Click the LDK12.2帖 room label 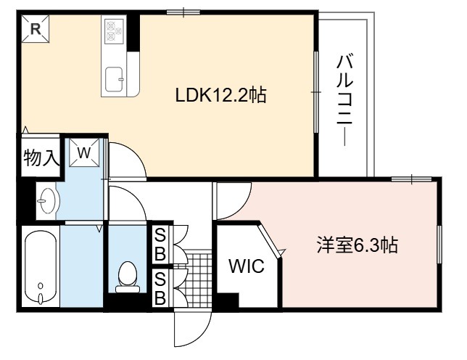pyautogui.click(x=220, y=95)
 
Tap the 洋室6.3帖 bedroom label pyautogui.click(x=357, y=245)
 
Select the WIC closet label pyautogui.click(x=247, y=266)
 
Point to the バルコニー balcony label pyautogui.click(x=344, y=100)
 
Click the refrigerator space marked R pyautogui.click(x=36, y=29)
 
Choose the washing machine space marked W pyautogui.click(x=84, y=153)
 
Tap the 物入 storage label pyautogui.click(x=41, y=157)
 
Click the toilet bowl pyautogui.click(x=128, y=277)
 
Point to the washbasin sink pyautogui.click(x=48, y=200)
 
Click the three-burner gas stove pyautogui.click(x=113, y=30)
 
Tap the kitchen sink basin pyautogui.click(x=114, y=79)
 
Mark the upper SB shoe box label pyautogui.click(x=160, y=245)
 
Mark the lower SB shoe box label pyautogui.click(x=160, y=288)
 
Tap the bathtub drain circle pyautogui.click(x=41, y=286)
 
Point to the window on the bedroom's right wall pyautogui.click(x=439, y=245)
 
